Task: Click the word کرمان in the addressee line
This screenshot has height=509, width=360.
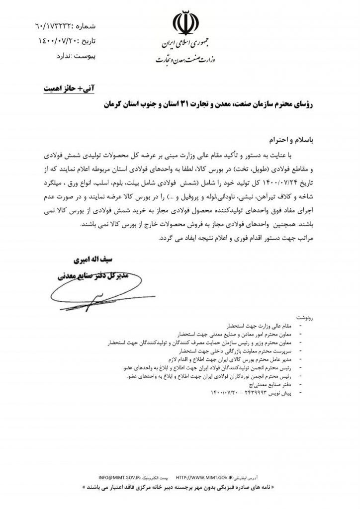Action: point(117,106)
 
